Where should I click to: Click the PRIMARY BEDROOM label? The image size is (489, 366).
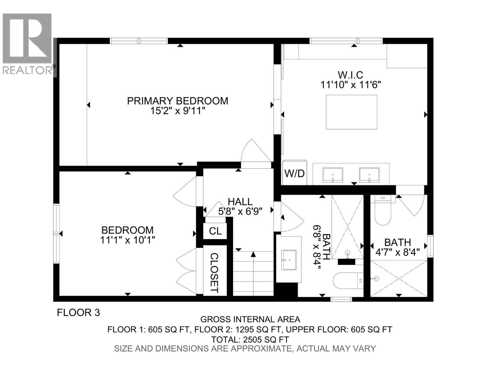point(178,101)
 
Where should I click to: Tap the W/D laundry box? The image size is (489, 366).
point(294,173)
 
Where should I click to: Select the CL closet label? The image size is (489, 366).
point(215,231)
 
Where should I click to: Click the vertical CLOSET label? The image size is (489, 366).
point(215,273)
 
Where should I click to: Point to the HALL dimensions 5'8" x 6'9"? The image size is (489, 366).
point(240,211)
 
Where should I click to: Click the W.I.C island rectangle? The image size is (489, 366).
point(351,112)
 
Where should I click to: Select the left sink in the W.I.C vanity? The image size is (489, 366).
point(333,175)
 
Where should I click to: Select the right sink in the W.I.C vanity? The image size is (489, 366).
point(369,175)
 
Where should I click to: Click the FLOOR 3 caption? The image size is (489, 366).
point(79,313)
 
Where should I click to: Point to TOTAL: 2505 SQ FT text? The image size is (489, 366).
point(250,339)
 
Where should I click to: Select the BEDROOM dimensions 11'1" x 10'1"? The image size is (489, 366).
point(128,240)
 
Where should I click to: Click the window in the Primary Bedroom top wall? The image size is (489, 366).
point(139,41)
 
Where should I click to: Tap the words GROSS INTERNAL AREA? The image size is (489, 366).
point(250,319)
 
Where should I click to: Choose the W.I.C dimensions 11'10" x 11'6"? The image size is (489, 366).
point(351,85)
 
